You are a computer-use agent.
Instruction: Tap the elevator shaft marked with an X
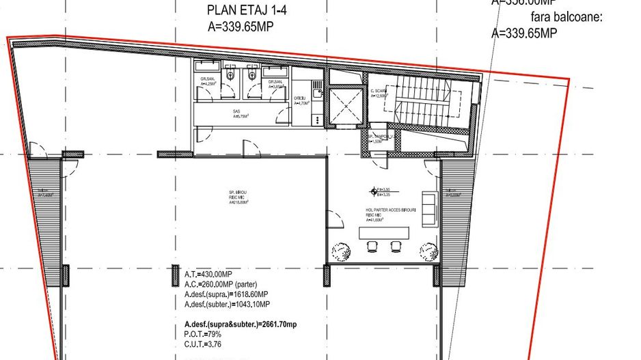click(346, 105)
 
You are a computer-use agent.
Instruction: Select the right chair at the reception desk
click(395, 246)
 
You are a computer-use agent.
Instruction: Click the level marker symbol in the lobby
click(373, 191)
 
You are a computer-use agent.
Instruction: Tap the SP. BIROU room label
click(237, 197)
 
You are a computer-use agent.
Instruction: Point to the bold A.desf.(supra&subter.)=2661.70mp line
click(241, 324)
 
